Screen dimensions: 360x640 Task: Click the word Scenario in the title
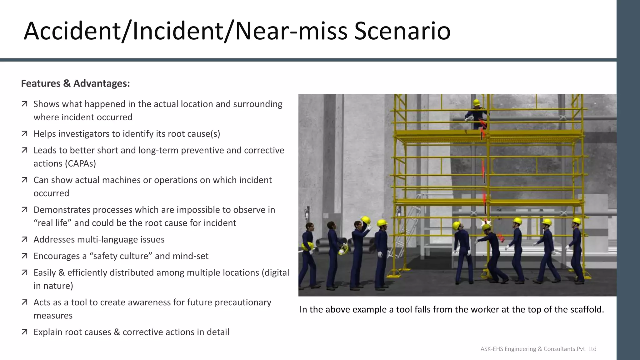(402, 31)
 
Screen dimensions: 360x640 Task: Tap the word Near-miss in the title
(291, 31)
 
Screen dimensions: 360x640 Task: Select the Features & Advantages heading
(75, 83)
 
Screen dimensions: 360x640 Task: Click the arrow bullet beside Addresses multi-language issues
(24, 239)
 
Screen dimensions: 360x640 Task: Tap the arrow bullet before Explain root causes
(24, 332)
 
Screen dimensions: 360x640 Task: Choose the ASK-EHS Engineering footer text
(538, 349)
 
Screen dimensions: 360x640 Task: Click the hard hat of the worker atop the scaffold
(477, 102)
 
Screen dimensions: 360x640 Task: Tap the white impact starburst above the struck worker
(486, 223)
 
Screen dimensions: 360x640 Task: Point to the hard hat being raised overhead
(366, 220)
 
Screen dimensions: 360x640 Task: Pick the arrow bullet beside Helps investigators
(24, 134)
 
